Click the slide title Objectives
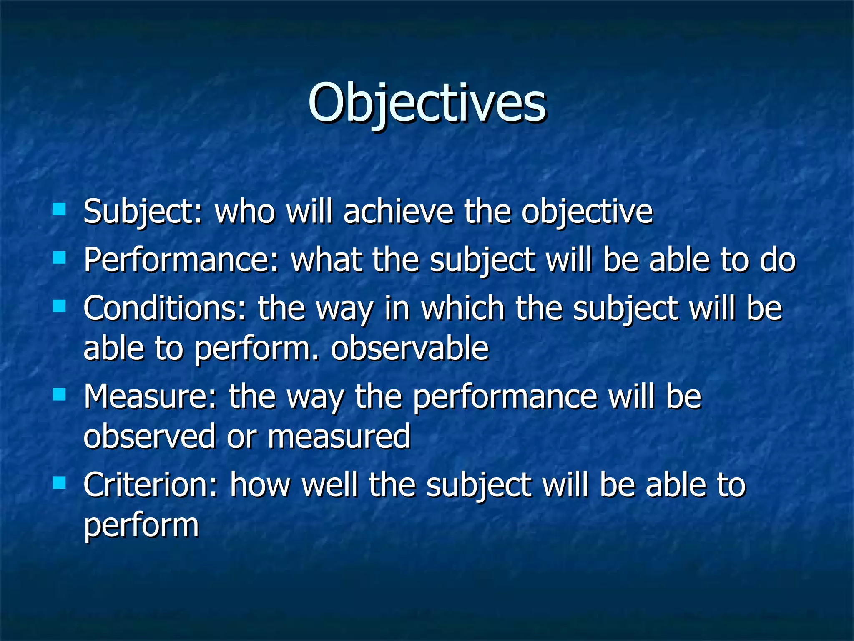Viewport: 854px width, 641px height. (427, 103)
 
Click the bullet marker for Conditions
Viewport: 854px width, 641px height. (60, 306)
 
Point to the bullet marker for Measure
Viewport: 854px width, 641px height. (60, 394)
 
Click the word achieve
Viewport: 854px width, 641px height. (398, 212)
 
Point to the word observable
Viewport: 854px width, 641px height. (409, 348)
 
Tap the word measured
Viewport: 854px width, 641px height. (339, 437)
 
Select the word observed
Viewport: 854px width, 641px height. (149, 437)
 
